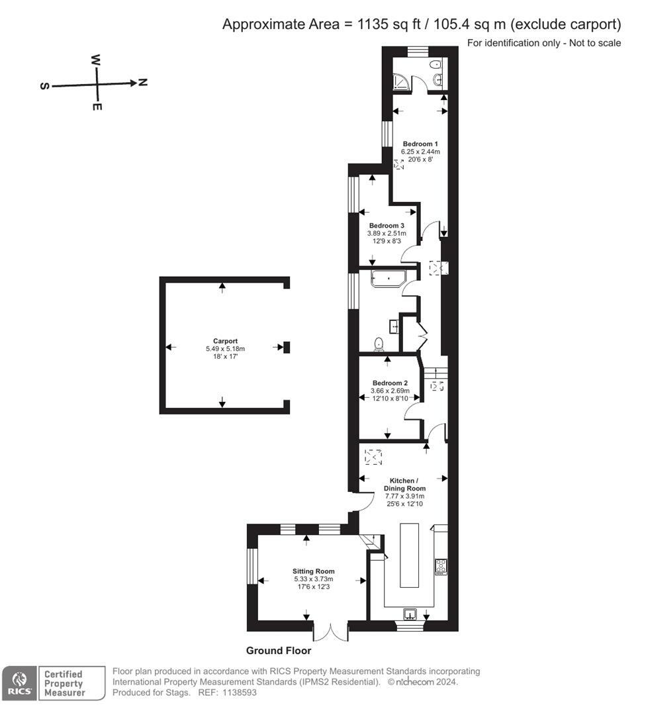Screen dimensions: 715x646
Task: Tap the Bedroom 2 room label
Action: pos(390,383)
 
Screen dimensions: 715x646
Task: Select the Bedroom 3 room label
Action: pos(387,225)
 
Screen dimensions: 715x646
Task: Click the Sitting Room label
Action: pos(314,571)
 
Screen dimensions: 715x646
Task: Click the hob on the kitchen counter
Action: pos(441,566)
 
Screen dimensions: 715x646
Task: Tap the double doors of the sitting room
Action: pos(330,631)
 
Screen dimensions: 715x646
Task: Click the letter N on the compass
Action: pos(143,83)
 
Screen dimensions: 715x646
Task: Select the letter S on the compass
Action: pos(45,86)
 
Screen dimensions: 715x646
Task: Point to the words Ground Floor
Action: pos(278,651)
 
